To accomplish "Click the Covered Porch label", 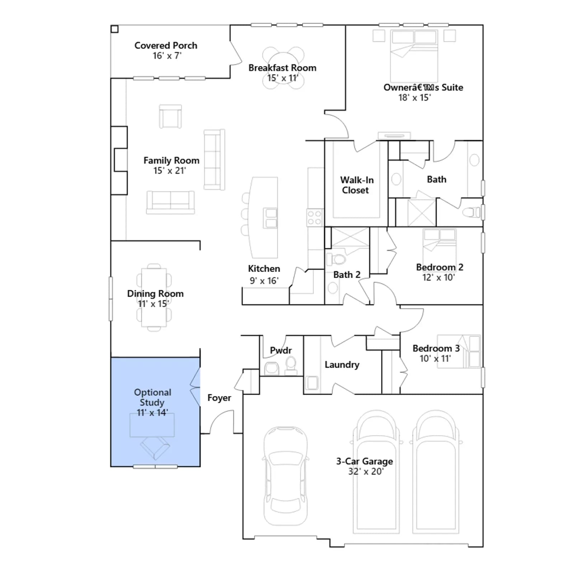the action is (x=166, y=46).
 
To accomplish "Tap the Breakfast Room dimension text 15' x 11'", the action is (x=282, y=78).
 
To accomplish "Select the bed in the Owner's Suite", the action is (x=414, y=56).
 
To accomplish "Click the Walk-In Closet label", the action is (x=357, y=185).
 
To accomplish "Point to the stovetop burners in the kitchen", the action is (x=315, y=217).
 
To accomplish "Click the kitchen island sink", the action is (x=270, y=218).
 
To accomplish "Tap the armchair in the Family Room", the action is (x=170, y=116).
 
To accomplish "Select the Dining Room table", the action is (x=154, y=297).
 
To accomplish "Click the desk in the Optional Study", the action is (x=152, y=425).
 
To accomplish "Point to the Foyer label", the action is (x=219, y=397).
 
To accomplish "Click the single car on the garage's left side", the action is (x=286, y=476).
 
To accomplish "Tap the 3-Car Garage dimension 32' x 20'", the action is (x=366, y=471).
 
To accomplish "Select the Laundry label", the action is (x=342, y=364).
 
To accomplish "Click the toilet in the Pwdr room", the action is (x=291, y=365).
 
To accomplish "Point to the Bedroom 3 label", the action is (x=436, y=348).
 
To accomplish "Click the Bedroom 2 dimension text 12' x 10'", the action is (x=438, y=277).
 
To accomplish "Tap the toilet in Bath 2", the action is (x=336, y=259).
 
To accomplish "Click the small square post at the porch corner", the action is (x=114, y=29).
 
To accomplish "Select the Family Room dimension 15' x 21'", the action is (x=170, y=170).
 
